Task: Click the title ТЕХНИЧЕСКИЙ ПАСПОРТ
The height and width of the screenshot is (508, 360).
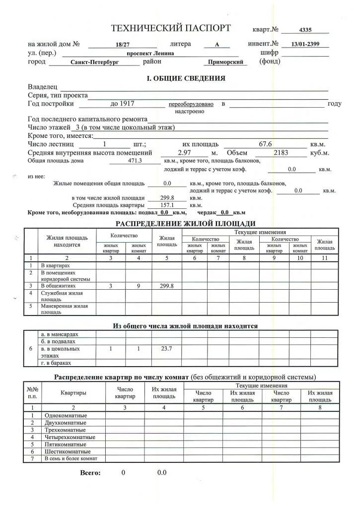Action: (x=170, y=28)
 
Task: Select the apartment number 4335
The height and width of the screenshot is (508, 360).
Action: (x=305, y=30)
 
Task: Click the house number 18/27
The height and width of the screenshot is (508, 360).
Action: (x=122, y=45)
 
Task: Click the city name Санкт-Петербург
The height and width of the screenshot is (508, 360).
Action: (x=94, y=63)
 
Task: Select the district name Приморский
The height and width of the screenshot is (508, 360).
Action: (x=225, y=63)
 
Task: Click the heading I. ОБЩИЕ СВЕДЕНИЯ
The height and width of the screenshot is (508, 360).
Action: (x=186, y=78)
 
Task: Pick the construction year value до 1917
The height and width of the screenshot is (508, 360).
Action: (x=122, y=104)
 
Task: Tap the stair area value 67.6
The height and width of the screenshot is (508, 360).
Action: (x=266, y=144)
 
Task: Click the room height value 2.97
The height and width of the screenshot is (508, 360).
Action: (x=185, y=153)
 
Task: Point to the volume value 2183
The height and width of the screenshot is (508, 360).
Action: (x=281, y=153)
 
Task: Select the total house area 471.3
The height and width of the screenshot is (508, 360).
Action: (x=135, y=161)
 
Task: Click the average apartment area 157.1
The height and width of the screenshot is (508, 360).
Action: (x=167, y=205)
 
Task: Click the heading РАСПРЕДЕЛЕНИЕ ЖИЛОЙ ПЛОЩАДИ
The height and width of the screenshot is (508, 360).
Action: (x=186, y=224)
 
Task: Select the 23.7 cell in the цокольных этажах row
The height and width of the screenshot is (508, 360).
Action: (x=167, y=349)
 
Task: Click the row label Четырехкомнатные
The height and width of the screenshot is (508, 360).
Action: (x=70, y=437)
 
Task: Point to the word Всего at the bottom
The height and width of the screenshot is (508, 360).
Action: (x=90, y=473)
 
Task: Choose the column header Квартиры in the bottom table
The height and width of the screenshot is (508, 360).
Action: (x=73, y=393)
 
